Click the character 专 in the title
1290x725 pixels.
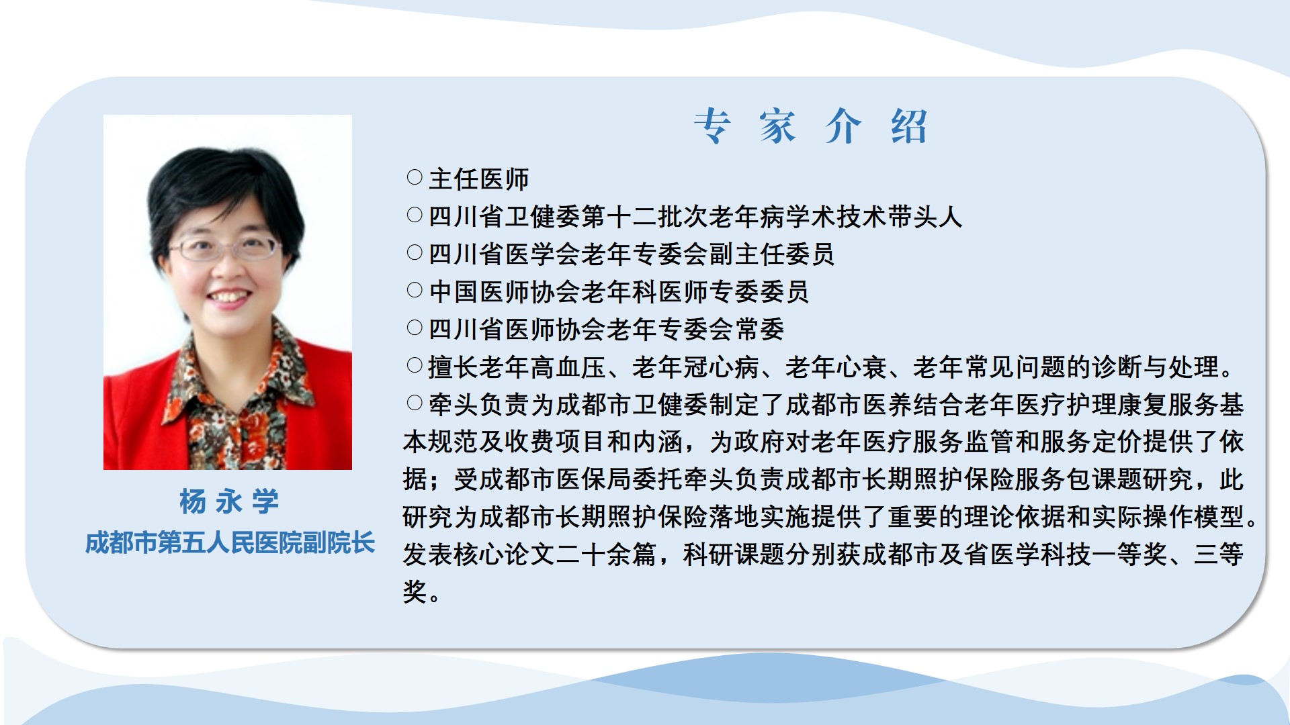click(x=712, y=126)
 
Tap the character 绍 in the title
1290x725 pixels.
click(x=909, y=126)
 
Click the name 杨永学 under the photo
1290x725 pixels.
click(x=229, y=501)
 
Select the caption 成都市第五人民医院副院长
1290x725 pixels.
click(x=229, y=543)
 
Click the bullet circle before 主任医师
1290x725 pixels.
click(x=415, y=177)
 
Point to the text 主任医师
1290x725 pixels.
click(x=479, y=179)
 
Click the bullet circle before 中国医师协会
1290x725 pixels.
click(x=415, y=290)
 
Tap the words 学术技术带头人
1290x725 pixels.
click(x=875, y=217)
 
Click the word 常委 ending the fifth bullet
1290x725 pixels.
click(x=760, y=330)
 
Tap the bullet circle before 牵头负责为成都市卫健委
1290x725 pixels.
click(x=415, y=403)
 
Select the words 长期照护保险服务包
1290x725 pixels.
click(x=977, y=480)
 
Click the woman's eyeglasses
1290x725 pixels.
click(x=225, y=249)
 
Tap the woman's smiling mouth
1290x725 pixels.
click(x=228, y=296)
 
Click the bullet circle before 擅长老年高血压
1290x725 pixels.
click(x=415, y=365)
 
